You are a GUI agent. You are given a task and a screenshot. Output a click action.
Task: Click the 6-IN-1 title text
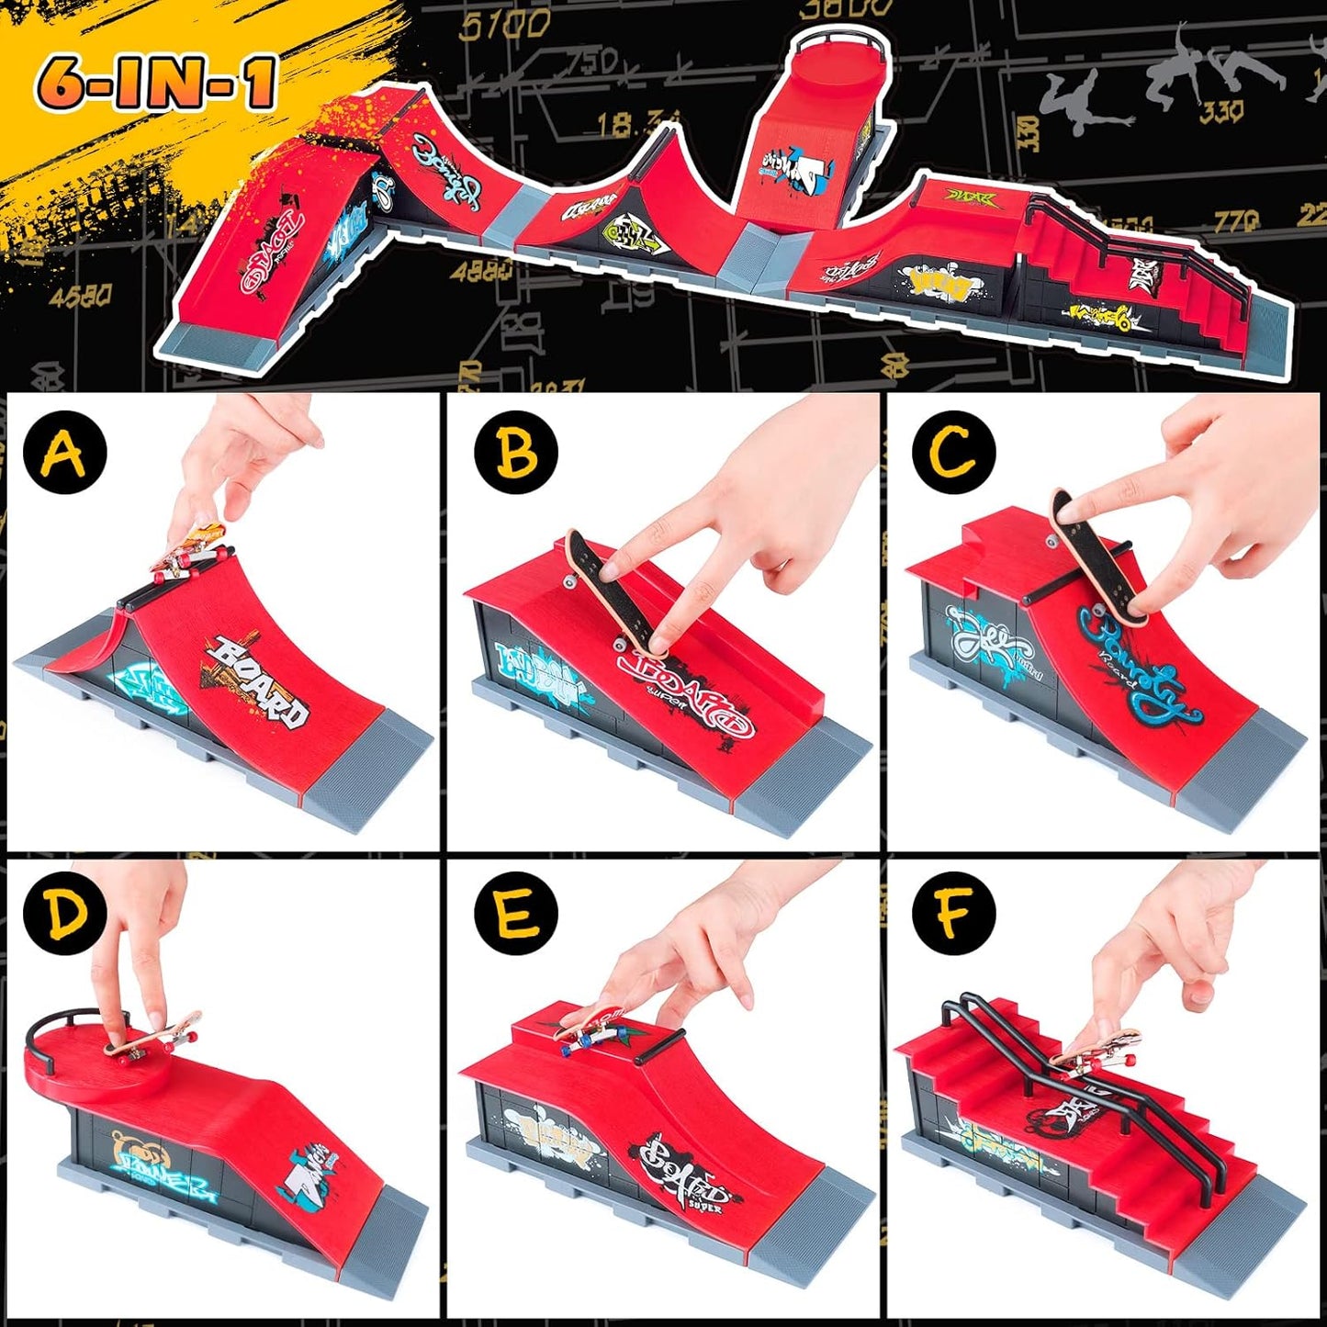click(x=156, y=83)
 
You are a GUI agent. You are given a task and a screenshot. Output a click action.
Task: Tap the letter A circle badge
click(x=65, y=452)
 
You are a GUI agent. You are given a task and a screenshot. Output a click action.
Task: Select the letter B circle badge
click(x=515, y=452)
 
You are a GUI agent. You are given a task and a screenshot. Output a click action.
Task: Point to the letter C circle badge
click(x=953, y=452)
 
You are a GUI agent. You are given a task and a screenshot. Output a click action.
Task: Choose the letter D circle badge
click(x=65, y=914)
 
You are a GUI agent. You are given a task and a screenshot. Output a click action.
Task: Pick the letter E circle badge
click(x=515, y=914)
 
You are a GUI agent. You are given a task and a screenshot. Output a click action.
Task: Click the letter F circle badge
click(x=953, y=914)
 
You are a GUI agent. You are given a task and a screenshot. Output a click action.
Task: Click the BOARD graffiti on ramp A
click(x=257, y=680)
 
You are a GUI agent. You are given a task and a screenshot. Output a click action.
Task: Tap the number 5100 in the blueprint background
click(x=504, y=25)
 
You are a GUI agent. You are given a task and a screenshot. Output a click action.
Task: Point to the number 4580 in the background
click(x=81, y=296)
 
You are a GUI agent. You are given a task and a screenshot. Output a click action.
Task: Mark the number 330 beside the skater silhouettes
click(x=1221, y=112)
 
